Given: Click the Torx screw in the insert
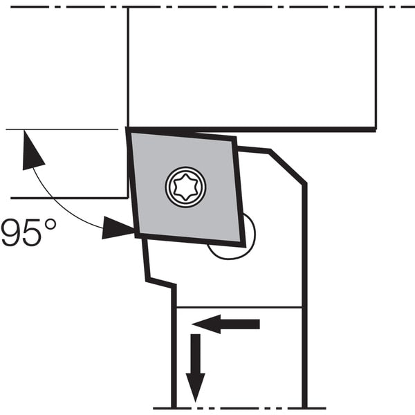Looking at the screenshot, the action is [185, 187].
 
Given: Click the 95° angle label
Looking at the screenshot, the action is [28, 232].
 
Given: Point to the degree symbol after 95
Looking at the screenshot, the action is [50, 225].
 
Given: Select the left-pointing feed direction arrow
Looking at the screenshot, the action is [225, 324].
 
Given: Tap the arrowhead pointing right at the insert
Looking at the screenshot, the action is [118, 228].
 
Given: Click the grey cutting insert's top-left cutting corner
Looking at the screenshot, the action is [128, 130].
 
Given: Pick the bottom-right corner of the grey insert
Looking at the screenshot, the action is [243, 244].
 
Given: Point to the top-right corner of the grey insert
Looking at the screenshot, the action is [234, 139].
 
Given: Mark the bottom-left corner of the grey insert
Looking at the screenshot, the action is [137, 234].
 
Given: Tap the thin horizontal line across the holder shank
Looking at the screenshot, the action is [239, 307].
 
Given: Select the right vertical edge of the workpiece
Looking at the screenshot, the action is [376, 68].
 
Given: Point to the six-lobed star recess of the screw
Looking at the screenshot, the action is [185, 187].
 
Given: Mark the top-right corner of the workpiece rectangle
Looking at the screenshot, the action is [376, 8].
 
